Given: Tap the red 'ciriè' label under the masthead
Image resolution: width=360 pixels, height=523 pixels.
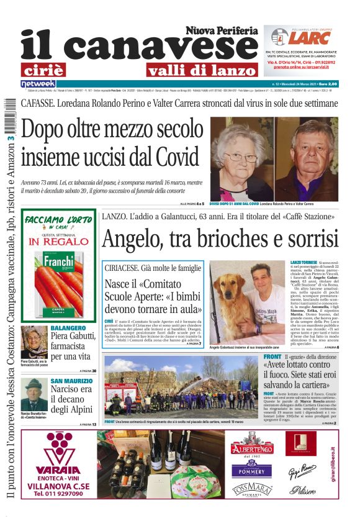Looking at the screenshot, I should click(42, 70).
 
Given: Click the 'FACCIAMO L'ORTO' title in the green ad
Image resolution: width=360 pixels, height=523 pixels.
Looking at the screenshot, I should click(58, 221).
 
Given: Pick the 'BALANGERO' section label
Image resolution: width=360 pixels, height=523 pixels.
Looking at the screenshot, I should click(68, 327).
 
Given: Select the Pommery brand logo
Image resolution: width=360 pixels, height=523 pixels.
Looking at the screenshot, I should click(251, 470).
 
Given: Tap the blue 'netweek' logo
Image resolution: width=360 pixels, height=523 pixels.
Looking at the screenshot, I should click(38, 83).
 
